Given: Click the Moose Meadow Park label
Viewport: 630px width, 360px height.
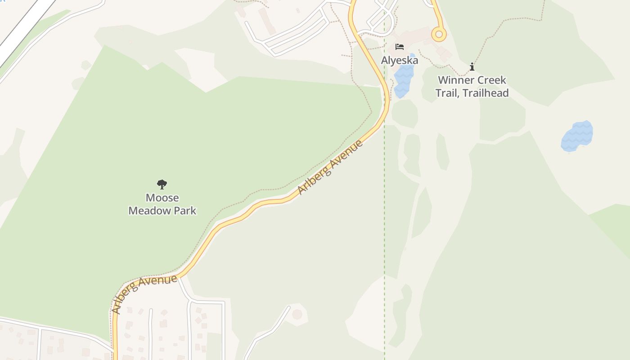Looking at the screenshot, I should [162, 204].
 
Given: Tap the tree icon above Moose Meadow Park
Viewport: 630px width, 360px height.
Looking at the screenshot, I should [162, 184].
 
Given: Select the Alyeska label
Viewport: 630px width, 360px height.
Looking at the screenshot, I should [400, 60].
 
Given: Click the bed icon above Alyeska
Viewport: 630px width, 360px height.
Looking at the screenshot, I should [400, 47].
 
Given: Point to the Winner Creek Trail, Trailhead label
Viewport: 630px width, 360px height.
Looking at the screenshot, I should [472, 86].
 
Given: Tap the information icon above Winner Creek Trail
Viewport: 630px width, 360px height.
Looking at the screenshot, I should [472, 67].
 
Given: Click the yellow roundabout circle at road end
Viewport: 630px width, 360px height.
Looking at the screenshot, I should [439, 34].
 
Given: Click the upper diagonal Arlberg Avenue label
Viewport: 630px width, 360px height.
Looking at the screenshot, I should [331, 167].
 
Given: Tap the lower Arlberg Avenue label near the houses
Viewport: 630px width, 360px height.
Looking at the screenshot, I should [144, 293].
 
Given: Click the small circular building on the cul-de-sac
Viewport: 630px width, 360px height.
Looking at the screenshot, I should [297, 314].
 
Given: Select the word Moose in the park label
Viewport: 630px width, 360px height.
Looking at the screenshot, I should [162, 198].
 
